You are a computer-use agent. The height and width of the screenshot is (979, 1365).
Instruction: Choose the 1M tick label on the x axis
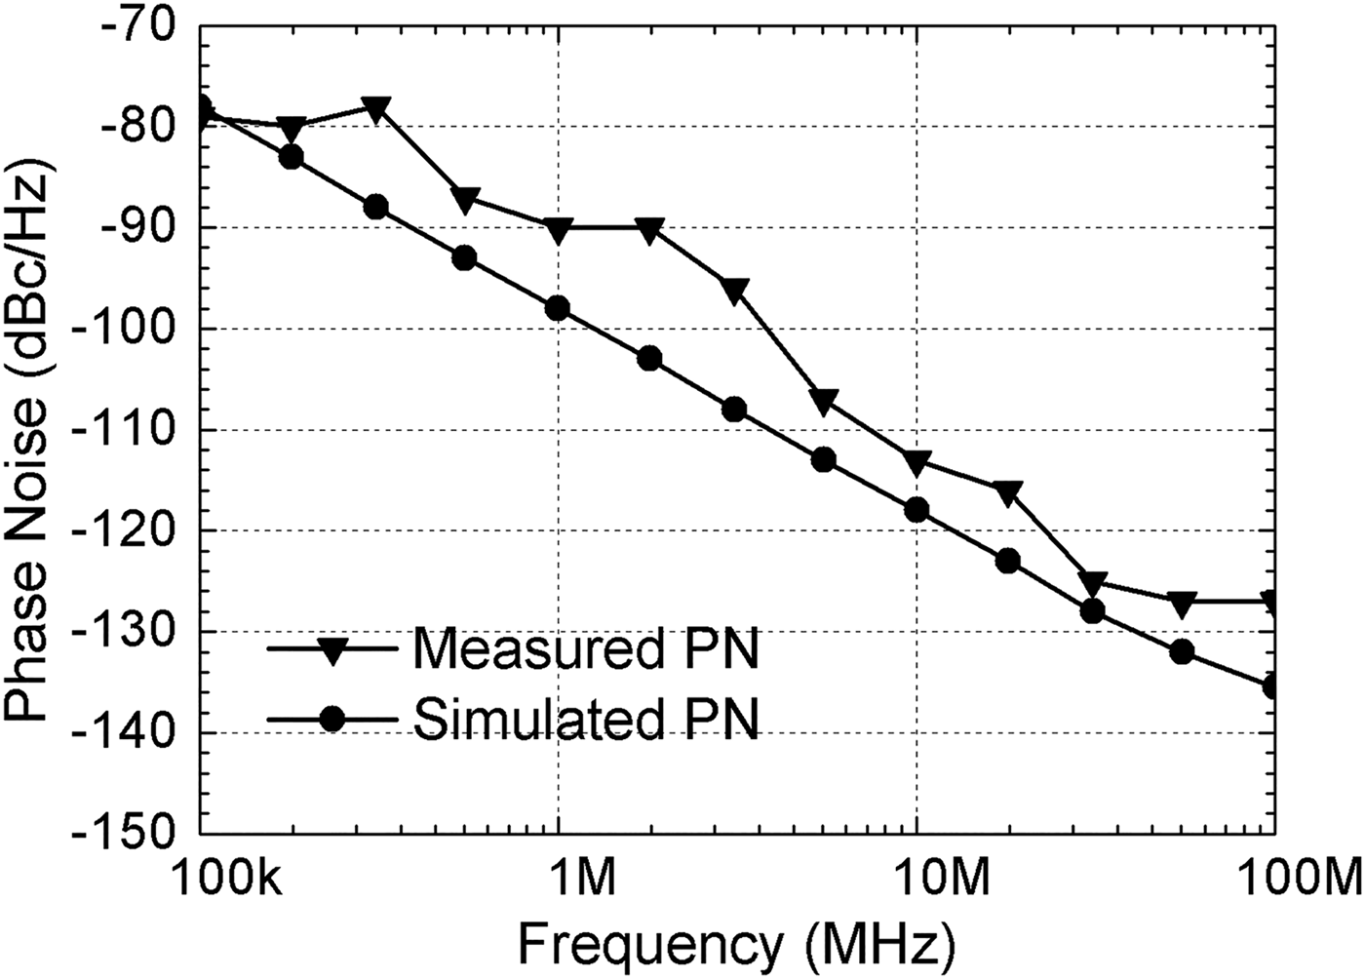(559, 884)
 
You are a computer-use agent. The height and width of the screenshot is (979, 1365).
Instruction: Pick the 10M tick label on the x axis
(917, 884)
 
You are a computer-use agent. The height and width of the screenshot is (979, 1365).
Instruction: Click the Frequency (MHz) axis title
(736, 944)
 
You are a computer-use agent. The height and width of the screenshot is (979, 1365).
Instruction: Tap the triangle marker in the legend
(332, 650)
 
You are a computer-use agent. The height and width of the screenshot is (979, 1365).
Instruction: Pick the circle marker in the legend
(332, 720)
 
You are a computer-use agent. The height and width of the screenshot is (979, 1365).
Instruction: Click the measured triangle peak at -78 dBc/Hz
(376, 107)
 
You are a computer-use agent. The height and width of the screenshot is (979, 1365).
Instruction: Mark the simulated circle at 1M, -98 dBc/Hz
(558, 308)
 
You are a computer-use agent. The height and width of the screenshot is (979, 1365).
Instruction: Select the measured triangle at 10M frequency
(916, 462)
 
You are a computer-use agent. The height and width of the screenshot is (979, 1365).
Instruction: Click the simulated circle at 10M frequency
(916, 510)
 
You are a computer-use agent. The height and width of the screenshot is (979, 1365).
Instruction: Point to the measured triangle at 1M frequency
(558, 230)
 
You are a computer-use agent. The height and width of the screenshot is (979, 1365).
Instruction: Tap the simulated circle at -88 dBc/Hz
(376, 207)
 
